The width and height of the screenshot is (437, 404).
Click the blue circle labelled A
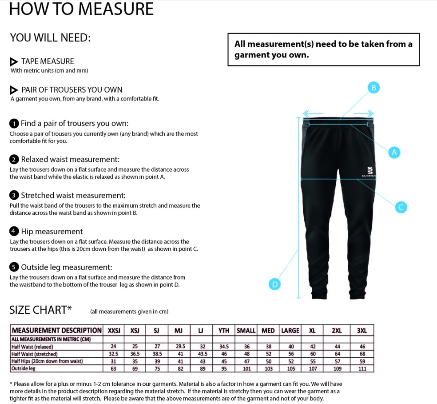(x=394, y=153)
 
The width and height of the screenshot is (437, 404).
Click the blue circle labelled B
(x=374, y=88)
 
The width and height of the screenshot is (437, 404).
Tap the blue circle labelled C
(x=400, y=207)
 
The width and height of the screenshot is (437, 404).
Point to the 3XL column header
(x=362, y=330)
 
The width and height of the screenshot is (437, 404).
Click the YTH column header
(x=224, y=330)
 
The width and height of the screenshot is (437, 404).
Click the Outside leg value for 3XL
(x=362, y=368)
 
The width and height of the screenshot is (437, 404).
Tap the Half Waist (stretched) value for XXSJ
(x=113, y=354)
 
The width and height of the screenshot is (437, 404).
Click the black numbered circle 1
(x=14, y=123)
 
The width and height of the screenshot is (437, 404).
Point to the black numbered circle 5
(x=14, y=267)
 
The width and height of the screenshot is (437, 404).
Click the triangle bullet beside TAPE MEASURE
(x=14, y=61)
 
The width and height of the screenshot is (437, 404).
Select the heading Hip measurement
(x=52, y=231)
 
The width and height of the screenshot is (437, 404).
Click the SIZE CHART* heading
(x=41, y=310)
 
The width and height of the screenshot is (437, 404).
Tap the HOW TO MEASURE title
(x=82, y=9)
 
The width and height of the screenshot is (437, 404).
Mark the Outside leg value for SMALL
(x=247, y=368)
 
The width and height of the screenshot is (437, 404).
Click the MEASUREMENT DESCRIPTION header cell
(x=57, y=330)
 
